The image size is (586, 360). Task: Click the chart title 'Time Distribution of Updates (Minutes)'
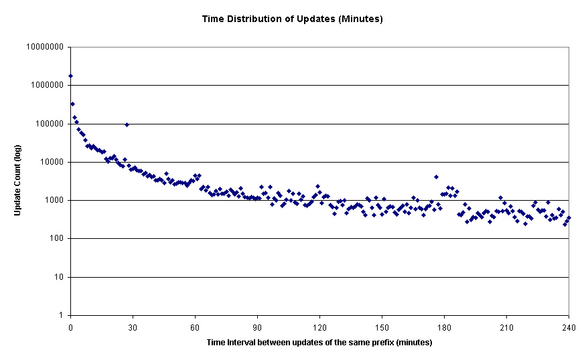point(293,19)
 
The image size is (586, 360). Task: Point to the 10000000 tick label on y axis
point(45,48)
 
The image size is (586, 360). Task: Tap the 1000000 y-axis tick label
point(47,86)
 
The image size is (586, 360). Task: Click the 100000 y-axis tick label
point(49,124)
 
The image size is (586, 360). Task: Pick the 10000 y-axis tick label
point(51,162)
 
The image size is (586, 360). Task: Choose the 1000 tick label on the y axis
point(53,200)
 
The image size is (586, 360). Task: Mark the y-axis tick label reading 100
point(55,239)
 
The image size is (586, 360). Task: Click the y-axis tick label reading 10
point(58,277)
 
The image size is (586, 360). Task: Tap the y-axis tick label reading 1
point(60,315)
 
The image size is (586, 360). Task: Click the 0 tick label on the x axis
point(70,327)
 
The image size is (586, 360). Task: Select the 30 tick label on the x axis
point(133,327)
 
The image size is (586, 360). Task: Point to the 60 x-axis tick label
point(195,327)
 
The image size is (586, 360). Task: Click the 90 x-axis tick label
point(257,327)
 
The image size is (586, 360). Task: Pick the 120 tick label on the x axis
point(319,327)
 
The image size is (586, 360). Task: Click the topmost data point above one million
point(71,76)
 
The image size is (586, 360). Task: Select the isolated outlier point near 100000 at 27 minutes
point(127,124)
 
